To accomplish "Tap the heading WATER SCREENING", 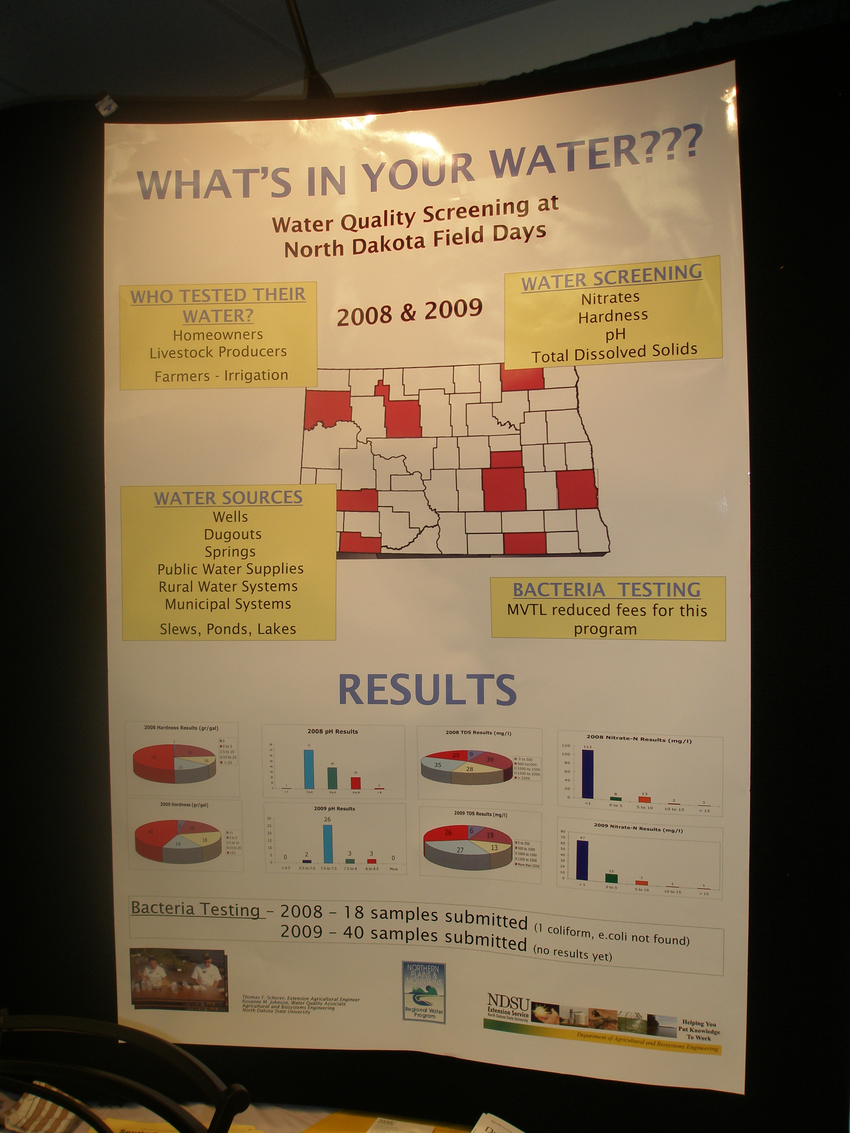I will (x=611, y=277).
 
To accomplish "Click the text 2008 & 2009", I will (x=409, y=312).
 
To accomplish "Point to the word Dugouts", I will (x=233, y=534).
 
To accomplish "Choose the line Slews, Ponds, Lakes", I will (x=228, y=629).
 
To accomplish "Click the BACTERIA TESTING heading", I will (x=607, y=590).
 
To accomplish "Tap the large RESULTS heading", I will (x=427, y=689).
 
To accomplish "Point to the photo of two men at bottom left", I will (x=178, y=979).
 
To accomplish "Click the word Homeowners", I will (x=218, y=335).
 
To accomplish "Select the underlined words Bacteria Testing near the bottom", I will (x=196, y=909).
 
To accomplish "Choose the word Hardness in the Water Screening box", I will (x=613, y=316).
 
